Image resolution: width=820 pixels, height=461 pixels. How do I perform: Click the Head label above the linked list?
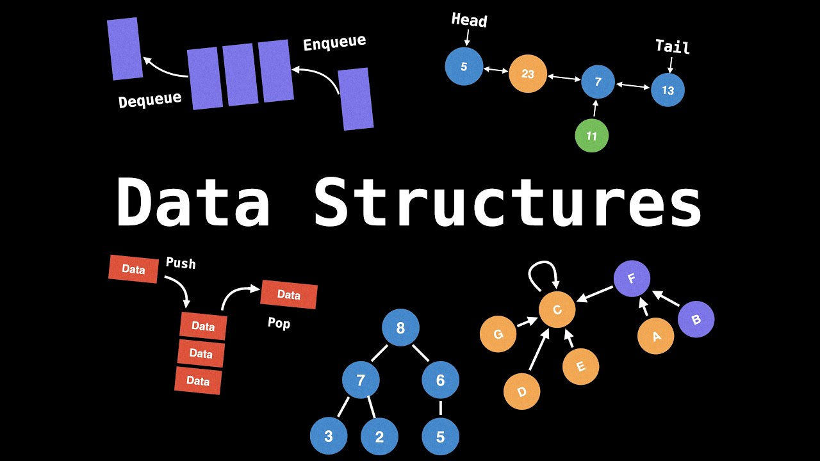tap(469, 20)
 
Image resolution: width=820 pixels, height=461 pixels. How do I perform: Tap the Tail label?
tap(672, 47)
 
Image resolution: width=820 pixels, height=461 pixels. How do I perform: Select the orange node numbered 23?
tap(527, 74)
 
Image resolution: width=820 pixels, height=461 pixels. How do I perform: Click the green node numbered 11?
tap(591, 136)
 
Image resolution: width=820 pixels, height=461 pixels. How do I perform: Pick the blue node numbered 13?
tap(668, 90)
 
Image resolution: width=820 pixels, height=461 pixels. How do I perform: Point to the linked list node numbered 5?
tap(464, 67)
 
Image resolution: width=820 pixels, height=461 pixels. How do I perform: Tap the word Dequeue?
tap(150, 99)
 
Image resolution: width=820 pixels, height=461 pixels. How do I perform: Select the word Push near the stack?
tap(181, 263)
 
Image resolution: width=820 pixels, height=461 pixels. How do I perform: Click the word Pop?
tap(279, 323)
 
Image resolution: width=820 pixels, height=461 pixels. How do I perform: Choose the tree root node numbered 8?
tap(400, 328)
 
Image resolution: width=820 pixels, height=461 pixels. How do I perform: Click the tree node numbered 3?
tap(329, 437)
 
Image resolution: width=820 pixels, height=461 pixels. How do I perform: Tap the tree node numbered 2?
tap(379, 437)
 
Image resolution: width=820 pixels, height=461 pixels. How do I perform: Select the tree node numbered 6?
tap(440, 380)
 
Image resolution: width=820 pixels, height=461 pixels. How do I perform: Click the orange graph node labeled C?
tap(557, 310)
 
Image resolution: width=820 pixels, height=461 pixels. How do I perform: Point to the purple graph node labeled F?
tap(632, 279)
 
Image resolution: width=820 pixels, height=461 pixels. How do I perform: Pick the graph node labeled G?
tap(498, 334)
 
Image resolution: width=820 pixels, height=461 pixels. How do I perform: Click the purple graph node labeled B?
tap(696, 319)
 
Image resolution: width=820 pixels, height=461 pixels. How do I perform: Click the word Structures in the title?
tap(507, 202)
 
